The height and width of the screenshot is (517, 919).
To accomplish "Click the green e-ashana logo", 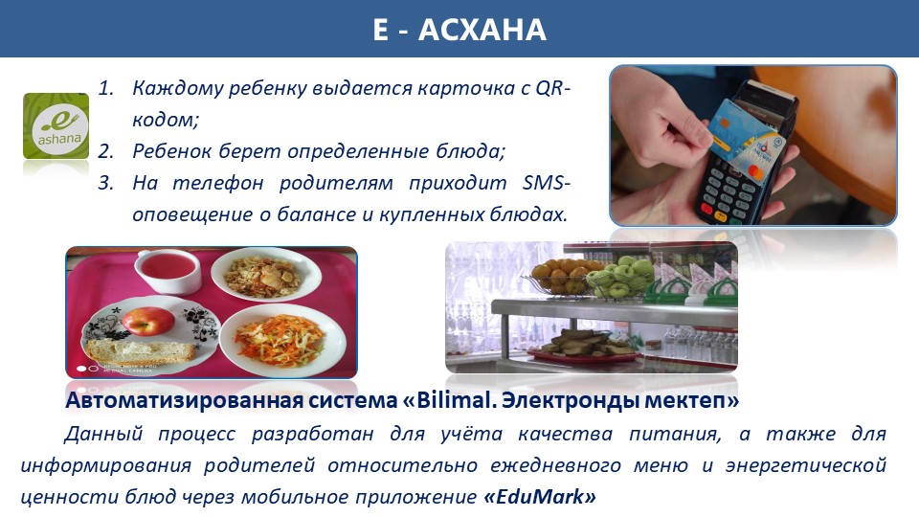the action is click(x=56, y=125).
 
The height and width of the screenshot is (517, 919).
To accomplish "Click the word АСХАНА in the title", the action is click(x=482, y=30).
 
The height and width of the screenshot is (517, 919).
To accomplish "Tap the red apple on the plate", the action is click(x=148, y=322).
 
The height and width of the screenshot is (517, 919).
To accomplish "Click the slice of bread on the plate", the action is click(x=140, y=351).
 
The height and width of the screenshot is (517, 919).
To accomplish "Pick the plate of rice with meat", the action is click(x=266, y=274).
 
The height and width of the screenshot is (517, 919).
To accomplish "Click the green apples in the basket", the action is click(x=620, y=277).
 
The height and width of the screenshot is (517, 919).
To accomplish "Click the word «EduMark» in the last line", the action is click(x=540, y=497).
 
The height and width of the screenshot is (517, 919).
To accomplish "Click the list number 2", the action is click(x=105, y=151).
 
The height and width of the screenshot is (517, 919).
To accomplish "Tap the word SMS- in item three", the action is click(x=546, y=183).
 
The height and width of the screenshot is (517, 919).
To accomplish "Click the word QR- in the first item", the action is click(x=552, y=88).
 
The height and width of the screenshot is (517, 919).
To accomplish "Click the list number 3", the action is click(x=105, y=183).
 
